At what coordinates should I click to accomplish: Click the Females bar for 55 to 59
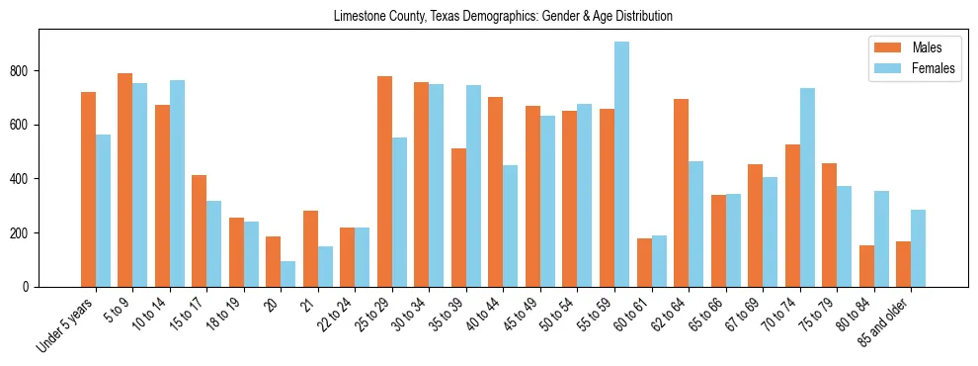click(621, 164)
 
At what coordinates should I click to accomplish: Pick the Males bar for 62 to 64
click(681, 193)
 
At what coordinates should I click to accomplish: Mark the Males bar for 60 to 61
click(644, 262)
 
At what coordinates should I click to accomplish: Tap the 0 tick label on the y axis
click(31, 287)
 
